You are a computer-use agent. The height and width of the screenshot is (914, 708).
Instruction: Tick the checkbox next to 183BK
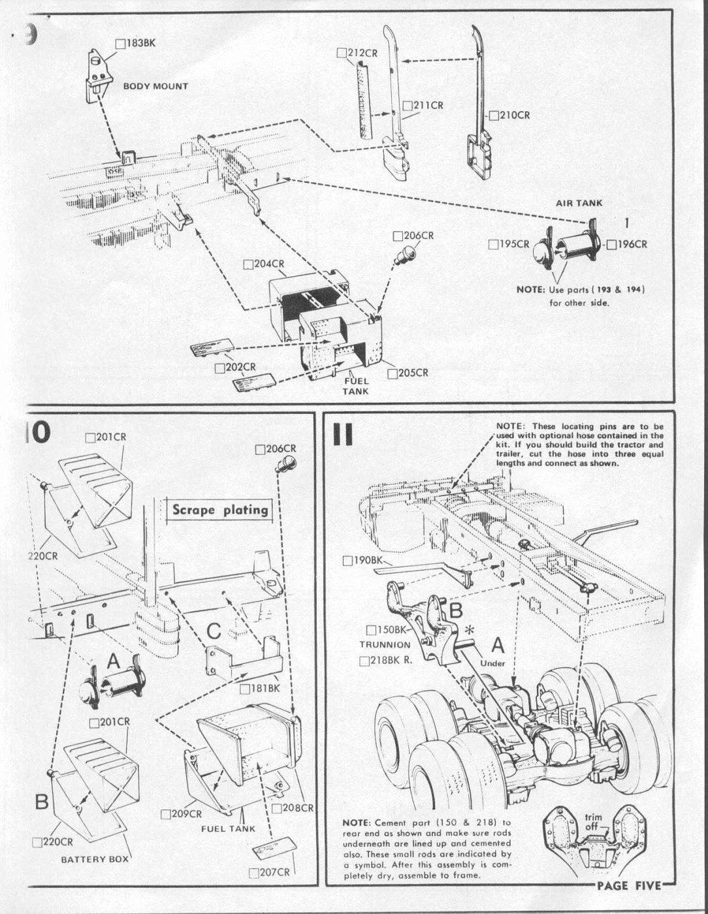120,44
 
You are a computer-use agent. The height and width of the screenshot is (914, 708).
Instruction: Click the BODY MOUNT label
155,86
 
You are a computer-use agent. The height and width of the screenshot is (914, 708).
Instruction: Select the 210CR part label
515,116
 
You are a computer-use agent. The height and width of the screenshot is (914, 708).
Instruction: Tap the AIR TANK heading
579,203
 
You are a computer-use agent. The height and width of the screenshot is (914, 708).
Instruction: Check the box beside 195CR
493,244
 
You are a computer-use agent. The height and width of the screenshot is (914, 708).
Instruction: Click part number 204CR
268,264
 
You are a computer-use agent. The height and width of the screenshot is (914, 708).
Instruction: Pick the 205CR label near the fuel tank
413,373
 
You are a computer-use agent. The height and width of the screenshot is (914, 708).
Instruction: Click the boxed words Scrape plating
220,510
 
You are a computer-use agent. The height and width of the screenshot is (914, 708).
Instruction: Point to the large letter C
214,631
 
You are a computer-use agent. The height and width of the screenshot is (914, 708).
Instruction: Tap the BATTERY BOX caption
95,859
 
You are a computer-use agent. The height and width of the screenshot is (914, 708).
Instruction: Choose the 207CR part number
274,872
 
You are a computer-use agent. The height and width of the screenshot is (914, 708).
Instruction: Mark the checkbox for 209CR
166,814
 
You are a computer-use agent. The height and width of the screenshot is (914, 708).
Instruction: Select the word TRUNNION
385,644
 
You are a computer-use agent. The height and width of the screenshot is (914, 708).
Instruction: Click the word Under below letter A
492,663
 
